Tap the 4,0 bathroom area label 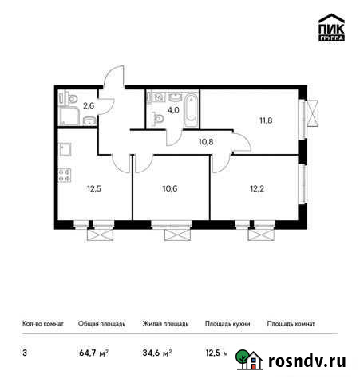173,110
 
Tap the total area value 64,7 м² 93,352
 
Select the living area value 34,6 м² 156,352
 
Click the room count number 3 24,352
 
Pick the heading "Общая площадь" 101,324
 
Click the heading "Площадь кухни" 227,324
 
